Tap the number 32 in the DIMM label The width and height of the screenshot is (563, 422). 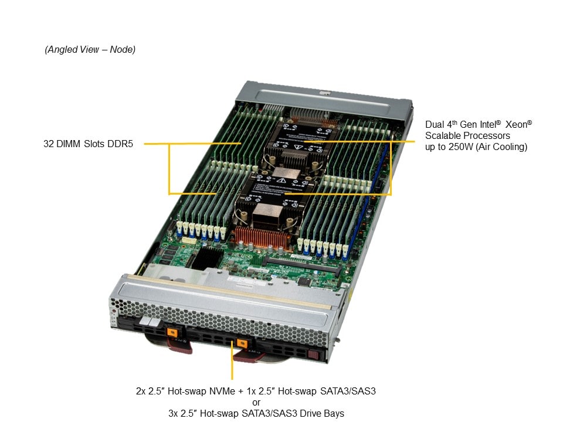49,144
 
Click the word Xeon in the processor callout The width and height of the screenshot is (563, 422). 517,124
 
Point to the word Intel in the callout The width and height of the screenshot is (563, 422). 487,124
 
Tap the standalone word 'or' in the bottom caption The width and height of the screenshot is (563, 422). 256,402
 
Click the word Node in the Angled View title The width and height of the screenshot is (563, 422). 121,49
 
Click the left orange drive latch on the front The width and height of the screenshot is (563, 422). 172,332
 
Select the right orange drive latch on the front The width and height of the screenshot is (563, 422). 242,343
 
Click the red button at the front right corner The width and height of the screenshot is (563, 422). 313,355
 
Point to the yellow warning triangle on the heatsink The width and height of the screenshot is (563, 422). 281,181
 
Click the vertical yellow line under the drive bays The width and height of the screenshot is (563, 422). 232,360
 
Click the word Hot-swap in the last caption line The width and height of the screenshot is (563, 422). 219,413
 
